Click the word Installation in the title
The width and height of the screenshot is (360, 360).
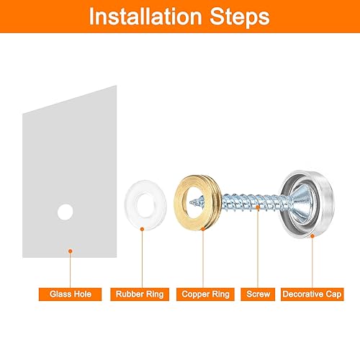145,17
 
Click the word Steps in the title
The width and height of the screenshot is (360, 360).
240,17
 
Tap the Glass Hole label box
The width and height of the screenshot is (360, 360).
70,294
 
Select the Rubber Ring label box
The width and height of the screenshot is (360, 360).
140,294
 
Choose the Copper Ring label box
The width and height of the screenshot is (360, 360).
205,294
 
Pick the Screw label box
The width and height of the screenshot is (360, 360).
258,294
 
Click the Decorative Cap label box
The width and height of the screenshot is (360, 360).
312,294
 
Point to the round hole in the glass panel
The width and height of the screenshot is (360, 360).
66,212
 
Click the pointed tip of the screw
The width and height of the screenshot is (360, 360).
190,203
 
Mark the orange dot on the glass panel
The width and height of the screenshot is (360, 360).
71,251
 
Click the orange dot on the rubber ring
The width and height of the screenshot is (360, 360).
142,229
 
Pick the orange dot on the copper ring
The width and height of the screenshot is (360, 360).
203,229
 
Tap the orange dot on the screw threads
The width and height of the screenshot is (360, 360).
258,207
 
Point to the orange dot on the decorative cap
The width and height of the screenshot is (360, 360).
312,236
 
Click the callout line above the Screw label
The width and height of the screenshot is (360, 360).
258,248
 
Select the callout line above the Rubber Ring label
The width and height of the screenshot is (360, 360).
142,259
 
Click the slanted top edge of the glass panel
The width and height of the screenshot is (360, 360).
70,100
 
